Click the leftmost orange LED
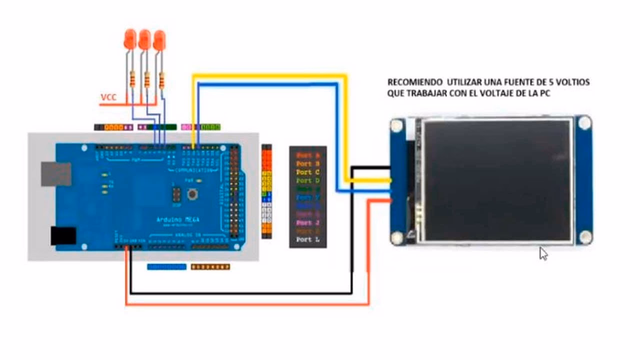[x=129, y=39]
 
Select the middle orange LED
[x=144, y=39]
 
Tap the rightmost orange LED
[x=159, y=39]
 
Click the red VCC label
[x=108, y=97]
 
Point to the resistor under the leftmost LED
[x=132, y=79]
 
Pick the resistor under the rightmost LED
[x=161, y=80]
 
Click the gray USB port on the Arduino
[x=55, y=173]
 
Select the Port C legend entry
[x=307, y=172]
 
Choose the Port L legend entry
[x=307, y=240]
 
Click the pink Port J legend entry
[x=307, y=223]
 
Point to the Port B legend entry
[x=307, y=163]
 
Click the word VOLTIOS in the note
[x=572, y=82]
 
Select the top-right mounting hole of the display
[x=583, y=122]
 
